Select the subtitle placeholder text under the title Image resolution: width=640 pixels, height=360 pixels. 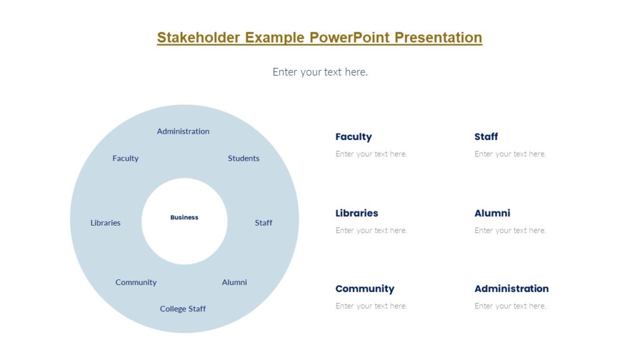[320, 72]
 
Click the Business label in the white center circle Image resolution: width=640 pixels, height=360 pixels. [184, 217]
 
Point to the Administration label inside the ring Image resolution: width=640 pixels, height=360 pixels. [183, 131]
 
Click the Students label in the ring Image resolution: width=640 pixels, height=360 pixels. [243, 158]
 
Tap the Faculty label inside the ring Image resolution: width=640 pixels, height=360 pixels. [126, 158]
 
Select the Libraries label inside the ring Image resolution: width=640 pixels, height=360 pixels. [106, 222]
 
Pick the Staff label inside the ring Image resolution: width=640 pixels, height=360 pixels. [263, 222]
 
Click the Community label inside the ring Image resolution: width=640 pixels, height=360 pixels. [136, 282]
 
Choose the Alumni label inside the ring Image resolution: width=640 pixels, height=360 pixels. [234, 282]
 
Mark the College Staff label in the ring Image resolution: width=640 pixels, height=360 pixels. [182, 309]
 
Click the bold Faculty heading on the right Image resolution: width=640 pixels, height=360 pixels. [353, 137]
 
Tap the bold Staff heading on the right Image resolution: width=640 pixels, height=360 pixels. [486, 137]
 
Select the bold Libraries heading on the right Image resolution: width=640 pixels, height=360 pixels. [356, 213]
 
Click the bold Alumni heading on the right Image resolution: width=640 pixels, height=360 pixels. [492, 213]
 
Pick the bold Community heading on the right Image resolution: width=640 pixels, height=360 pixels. [364, 289]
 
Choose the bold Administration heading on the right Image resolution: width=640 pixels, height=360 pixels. [511, 289]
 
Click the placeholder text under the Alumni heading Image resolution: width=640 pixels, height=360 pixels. [510, 231]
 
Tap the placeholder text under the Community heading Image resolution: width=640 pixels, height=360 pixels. [371, 306]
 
